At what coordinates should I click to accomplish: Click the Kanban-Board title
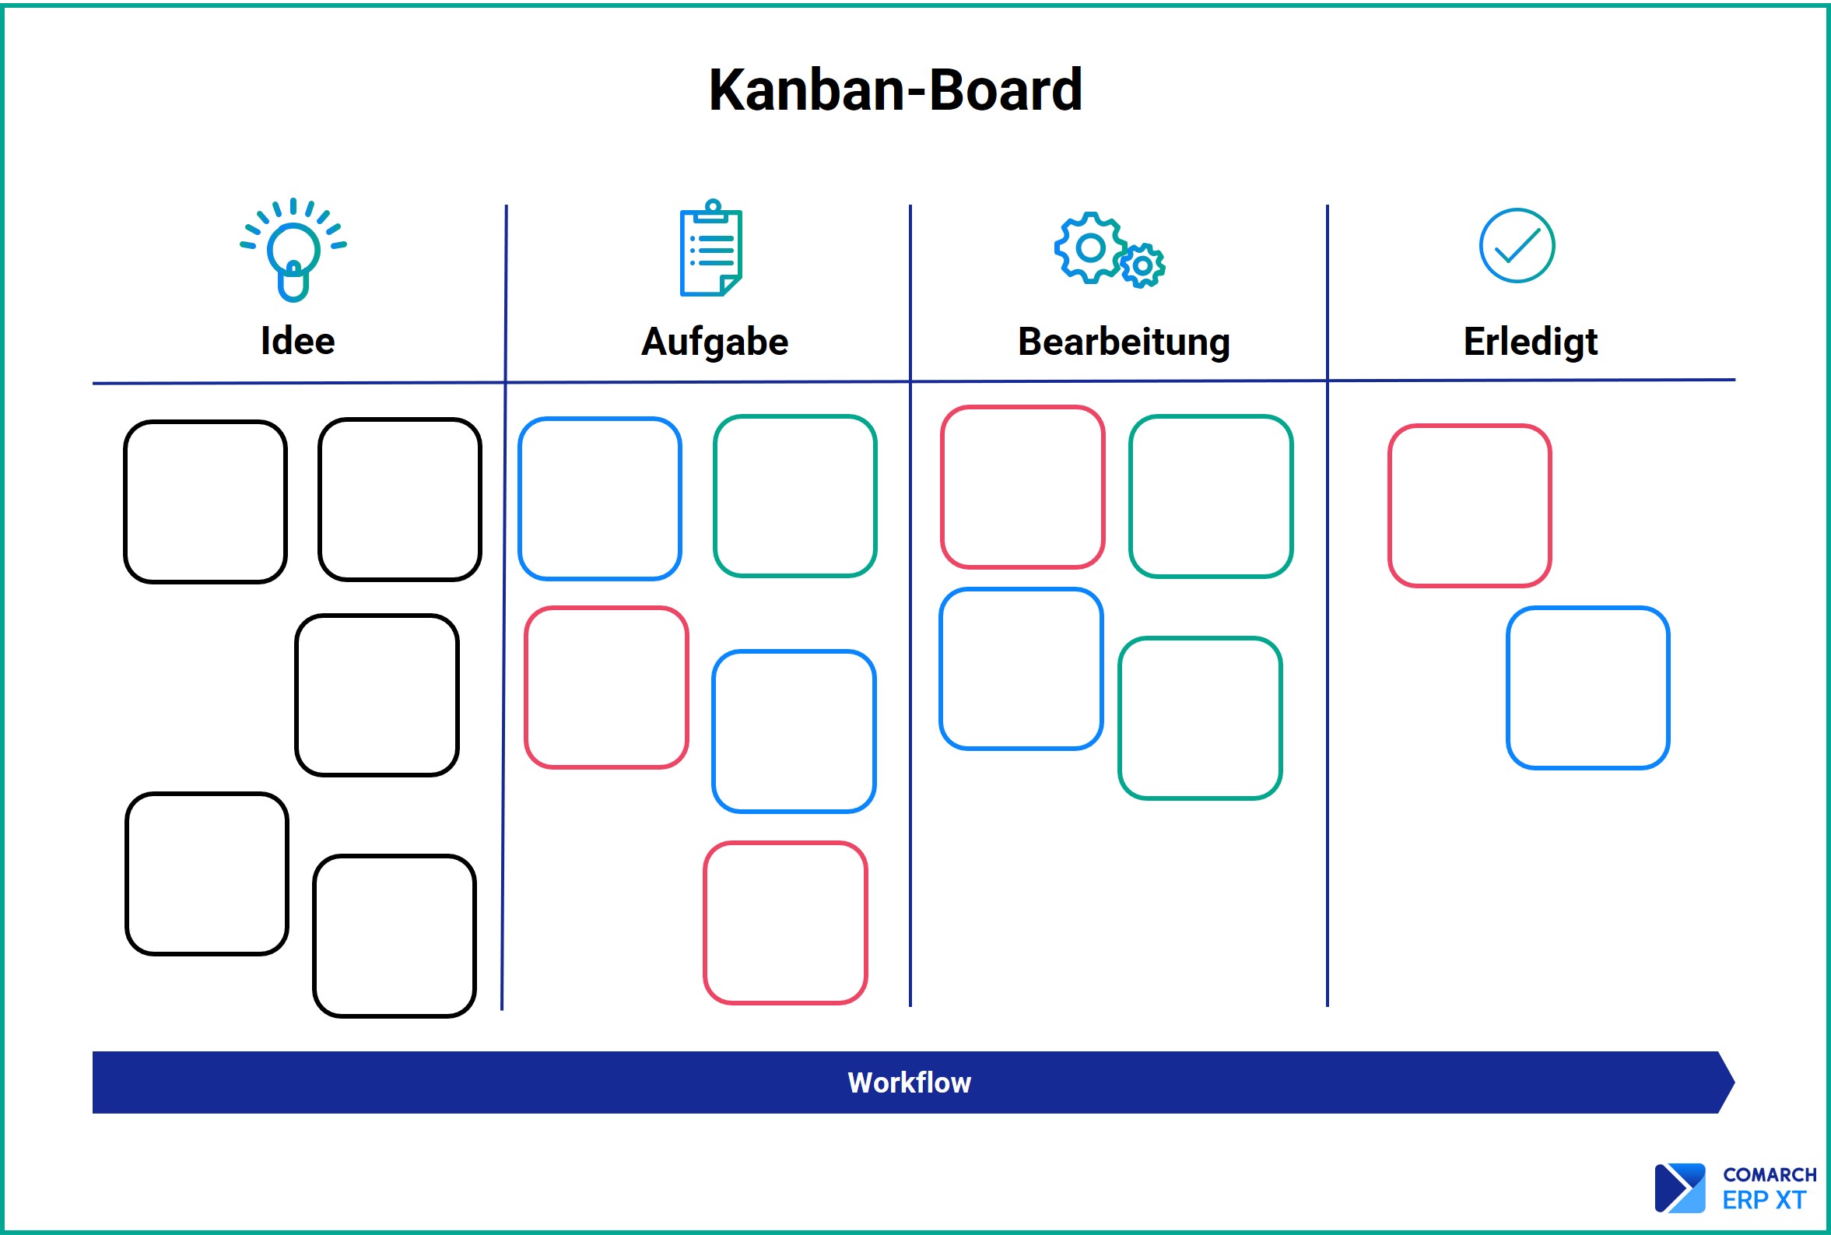tap(896, 89)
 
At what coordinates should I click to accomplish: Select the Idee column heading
tap(298, 341)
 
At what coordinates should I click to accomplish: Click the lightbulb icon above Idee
tap(293, 249)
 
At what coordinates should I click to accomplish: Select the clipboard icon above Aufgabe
tap(711, 247)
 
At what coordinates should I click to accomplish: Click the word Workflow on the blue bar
tap(909, 1082)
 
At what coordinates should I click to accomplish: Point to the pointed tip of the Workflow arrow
tap(1735, 1082)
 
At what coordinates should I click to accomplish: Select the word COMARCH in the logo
tap(1770, 1175)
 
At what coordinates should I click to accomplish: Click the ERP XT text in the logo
tap(1764, 1200)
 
